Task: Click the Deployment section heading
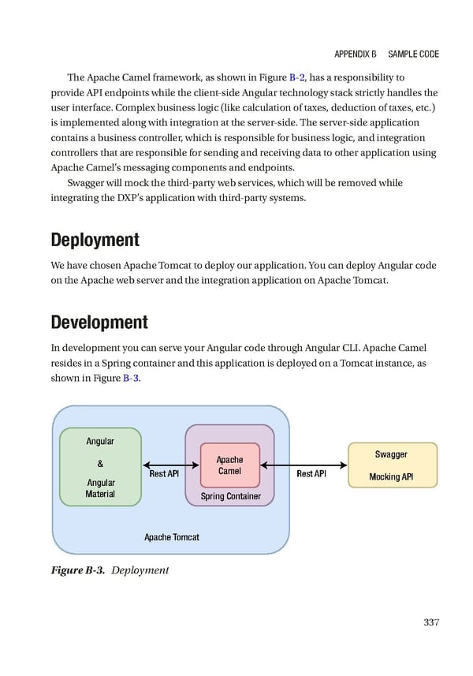[95, 239]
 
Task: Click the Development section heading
[99, 322]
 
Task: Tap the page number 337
[430, 622]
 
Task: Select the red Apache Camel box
[229, 465]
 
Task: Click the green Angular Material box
[100, 466]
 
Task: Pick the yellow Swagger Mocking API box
[392, 465]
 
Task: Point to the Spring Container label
[229, 496]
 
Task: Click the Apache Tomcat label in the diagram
[171, 537]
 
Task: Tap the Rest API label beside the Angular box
[164, 474]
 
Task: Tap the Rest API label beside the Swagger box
[311, 474]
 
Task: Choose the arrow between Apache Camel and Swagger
[304, 465]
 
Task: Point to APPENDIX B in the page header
[355, 54]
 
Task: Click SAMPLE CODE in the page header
[414, 54]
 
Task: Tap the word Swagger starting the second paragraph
[87, 182]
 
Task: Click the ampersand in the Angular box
[100, 462]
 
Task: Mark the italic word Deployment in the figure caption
[140, 570]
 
